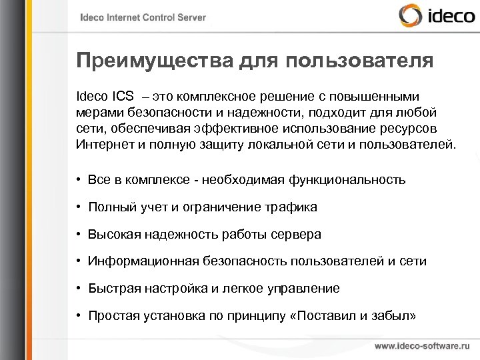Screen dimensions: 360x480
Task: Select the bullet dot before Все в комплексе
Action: (79, 181)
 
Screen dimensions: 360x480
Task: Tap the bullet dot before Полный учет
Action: (79, 207)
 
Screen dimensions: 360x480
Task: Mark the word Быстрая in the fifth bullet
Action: (109, 289)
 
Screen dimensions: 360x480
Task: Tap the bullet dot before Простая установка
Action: (79, 316)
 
